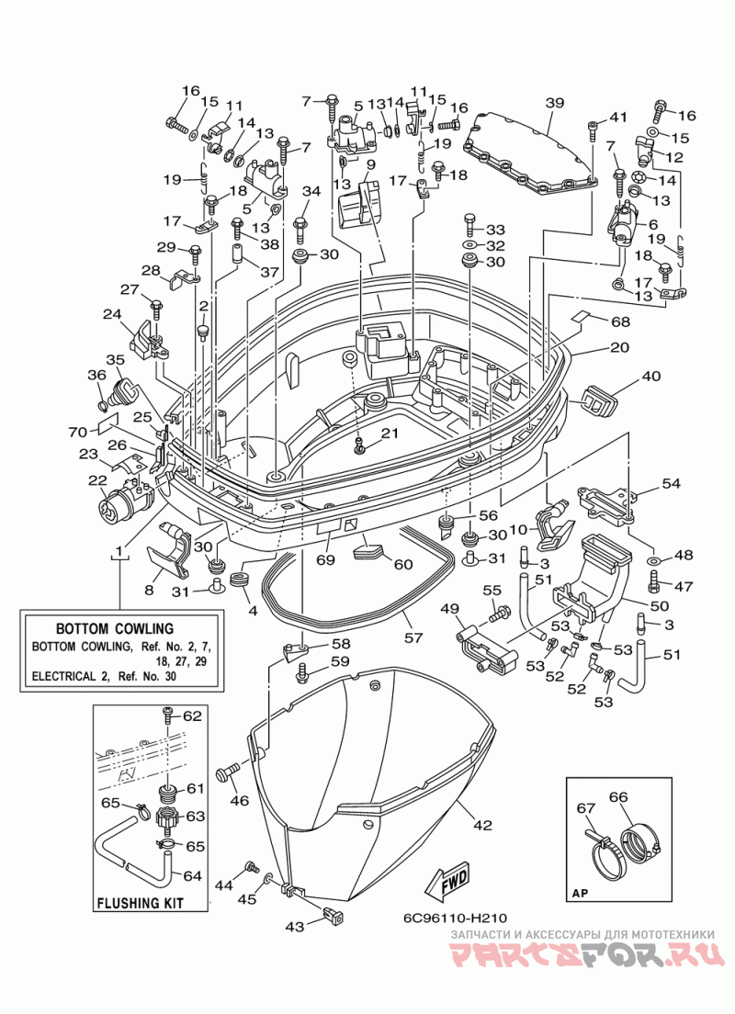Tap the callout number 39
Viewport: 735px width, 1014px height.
[555, 103]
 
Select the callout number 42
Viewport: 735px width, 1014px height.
[482, 825]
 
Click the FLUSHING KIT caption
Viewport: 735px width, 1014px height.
[140, 903]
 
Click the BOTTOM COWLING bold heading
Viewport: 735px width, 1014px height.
[115, 628]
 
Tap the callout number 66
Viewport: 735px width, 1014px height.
[618, 797]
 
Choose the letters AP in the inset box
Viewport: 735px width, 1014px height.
[580, 895]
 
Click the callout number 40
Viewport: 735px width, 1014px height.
[651, 376]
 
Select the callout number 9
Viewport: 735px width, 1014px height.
[370, 165]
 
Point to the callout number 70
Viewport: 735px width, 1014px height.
[79, 431]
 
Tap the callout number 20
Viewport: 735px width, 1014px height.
[619, 347]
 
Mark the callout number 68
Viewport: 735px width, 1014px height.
[620, 321]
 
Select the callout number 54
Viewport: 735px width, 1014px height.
[671, 483]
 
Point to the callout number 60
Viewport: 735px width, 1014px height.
[403, 565]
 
